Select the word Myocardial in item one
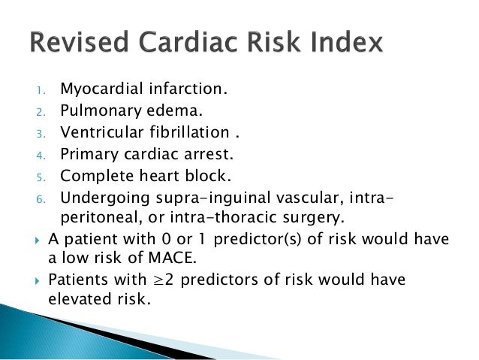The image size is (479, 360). [97, 91]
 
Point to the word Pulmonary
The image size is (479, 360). [92, 112]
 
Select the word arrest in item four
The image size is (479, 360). [196, 155]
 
